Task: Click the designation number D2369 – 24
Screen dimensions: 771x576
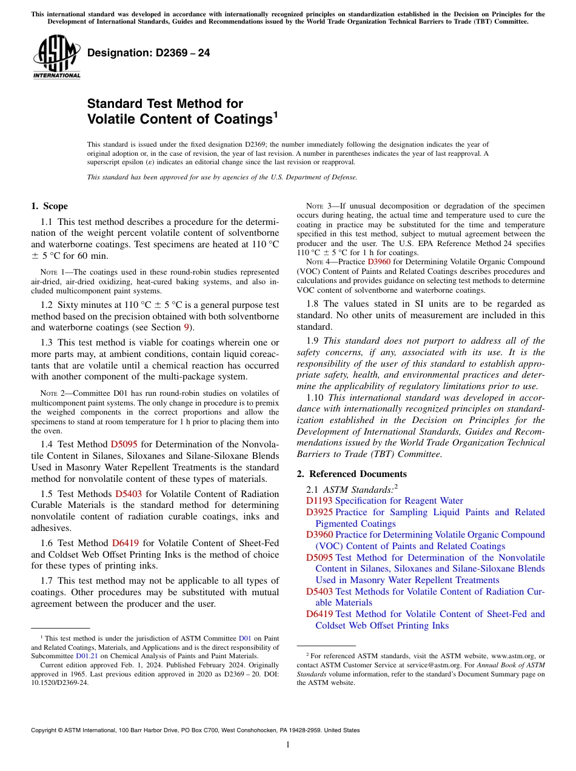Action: point(149,53)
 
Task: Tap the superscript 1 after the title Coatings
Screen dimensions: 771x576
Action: point(276,114)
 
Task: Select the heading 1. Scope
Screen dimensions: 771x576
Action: point(49,206)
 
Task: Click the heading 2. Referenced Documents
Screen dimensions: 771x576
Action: point(352,474)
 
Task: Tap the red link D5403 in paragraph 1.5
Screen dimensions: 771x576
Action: point(128,494)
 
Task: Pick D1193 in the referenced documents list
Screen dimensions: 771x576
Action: point(319,501)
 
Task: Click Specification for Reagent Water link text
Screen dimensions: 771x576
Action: point(398,501)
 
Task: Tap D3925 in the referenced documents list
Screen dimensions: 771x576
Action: point(319,512)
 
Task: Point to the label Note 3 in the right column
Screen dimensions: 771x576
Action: point(310,206)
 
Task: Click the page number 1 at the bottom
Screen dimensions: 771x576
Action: point(288,744)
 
